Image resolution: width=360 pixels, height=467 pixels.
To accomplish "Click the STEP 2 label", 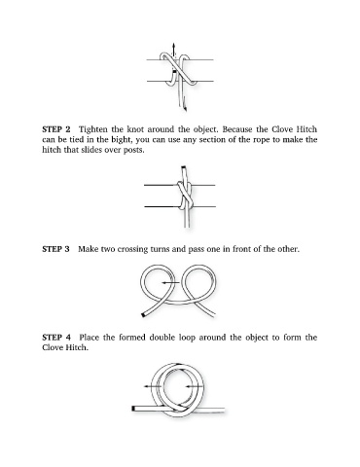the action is [56, 129].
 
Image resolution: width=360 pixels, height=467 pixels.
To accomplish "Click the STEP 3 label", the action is [55, 249].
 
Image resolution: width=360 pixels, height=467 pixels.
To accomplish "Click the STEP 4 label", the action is [56, 338].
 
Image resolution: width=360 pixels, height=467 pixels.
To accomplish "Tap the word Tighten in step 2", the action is [93, 129].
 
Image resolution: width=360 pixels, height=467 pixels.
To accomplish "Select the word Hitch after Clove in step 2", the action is [306, 129].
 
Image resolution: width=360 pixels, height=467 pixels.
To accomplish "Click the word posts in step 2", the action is [133, 150].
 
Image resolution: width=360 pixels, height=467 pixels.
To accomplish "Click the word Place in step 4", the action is [90, 338].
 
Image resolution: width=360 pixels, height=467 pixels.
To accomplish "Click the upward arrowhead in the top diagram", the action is [174, 45].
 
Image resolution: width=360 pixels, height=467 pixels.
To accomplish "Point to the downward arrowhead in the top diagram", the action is [185, 109].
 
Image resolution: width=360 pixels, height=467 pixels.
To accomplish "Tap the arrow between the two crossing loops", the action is [170, 283].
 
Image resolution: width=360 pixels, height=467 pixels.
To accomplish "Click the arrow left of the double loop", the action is [153, 386].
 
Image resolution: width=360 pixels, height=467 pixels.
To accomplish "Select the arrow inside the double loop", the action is [194, 386].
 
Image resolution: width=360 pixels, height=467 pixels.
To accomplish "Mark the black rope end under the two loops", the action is [143, 314].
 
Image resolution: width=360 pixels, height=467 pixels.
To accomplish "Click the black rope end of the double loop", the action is [133, 409].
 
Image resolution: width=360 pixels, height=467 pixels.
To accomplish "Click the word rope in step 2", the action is [261, 140].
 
